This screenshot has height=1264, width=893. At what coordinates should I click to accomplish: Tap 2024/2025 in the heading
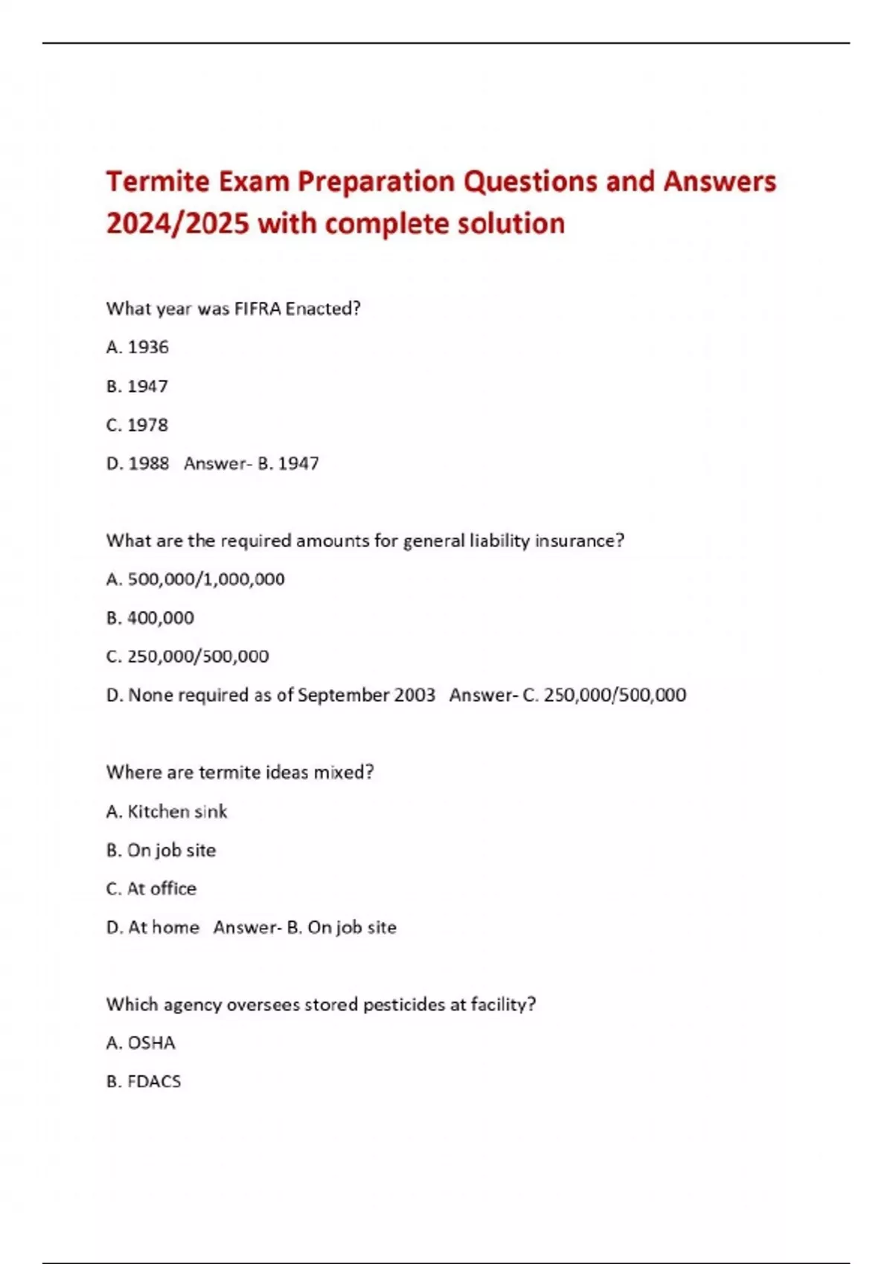coord(177,224)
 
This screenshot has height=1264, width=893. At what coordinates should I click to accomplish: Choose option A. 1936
coord(138,347)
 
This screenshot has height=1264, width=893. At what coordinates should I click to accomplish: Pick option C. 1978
coord(138,425)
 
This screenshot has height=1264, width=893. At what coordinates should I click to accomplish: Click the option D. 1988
coord(138,464)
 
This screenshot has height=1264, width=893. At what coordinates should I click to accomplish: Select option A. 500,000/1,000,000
coord(196,579)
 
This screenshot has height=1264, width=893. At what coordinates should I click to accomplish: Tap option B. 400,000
coord(150,618)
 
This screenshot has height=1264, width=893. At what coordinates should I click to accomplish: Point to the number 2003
coord(415,695)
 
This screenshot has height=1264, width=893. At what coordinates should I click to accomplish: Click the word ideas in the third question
coord(287,773)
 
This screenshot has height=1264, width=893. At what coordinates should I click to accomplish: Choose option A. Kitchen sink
coord(167,811)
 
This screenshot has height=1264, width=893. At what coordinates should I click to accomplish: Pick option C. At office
coord(152,889)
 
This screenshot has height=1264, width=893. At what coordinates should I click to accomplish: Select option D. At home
coord(153,927)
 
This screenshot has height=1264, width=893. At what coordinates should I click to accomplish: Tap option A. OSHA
coord(141,1043)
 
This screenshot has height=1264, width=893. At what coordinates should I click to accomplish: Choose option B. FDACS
coord(144,1082)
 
